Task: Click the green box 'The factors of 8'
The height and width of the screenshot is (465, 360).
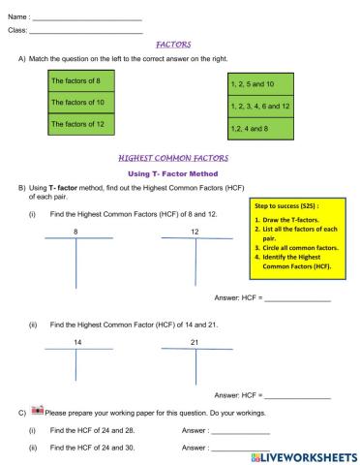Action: pyautogui.click(x=88, y=80)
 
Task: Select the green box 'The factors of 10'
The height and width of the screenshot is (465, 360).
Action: pyautogui.click(x=88, y=102)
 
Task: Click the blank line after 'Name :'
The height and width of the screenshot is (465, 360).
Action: pyautogui.click(x=87, y=18)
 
